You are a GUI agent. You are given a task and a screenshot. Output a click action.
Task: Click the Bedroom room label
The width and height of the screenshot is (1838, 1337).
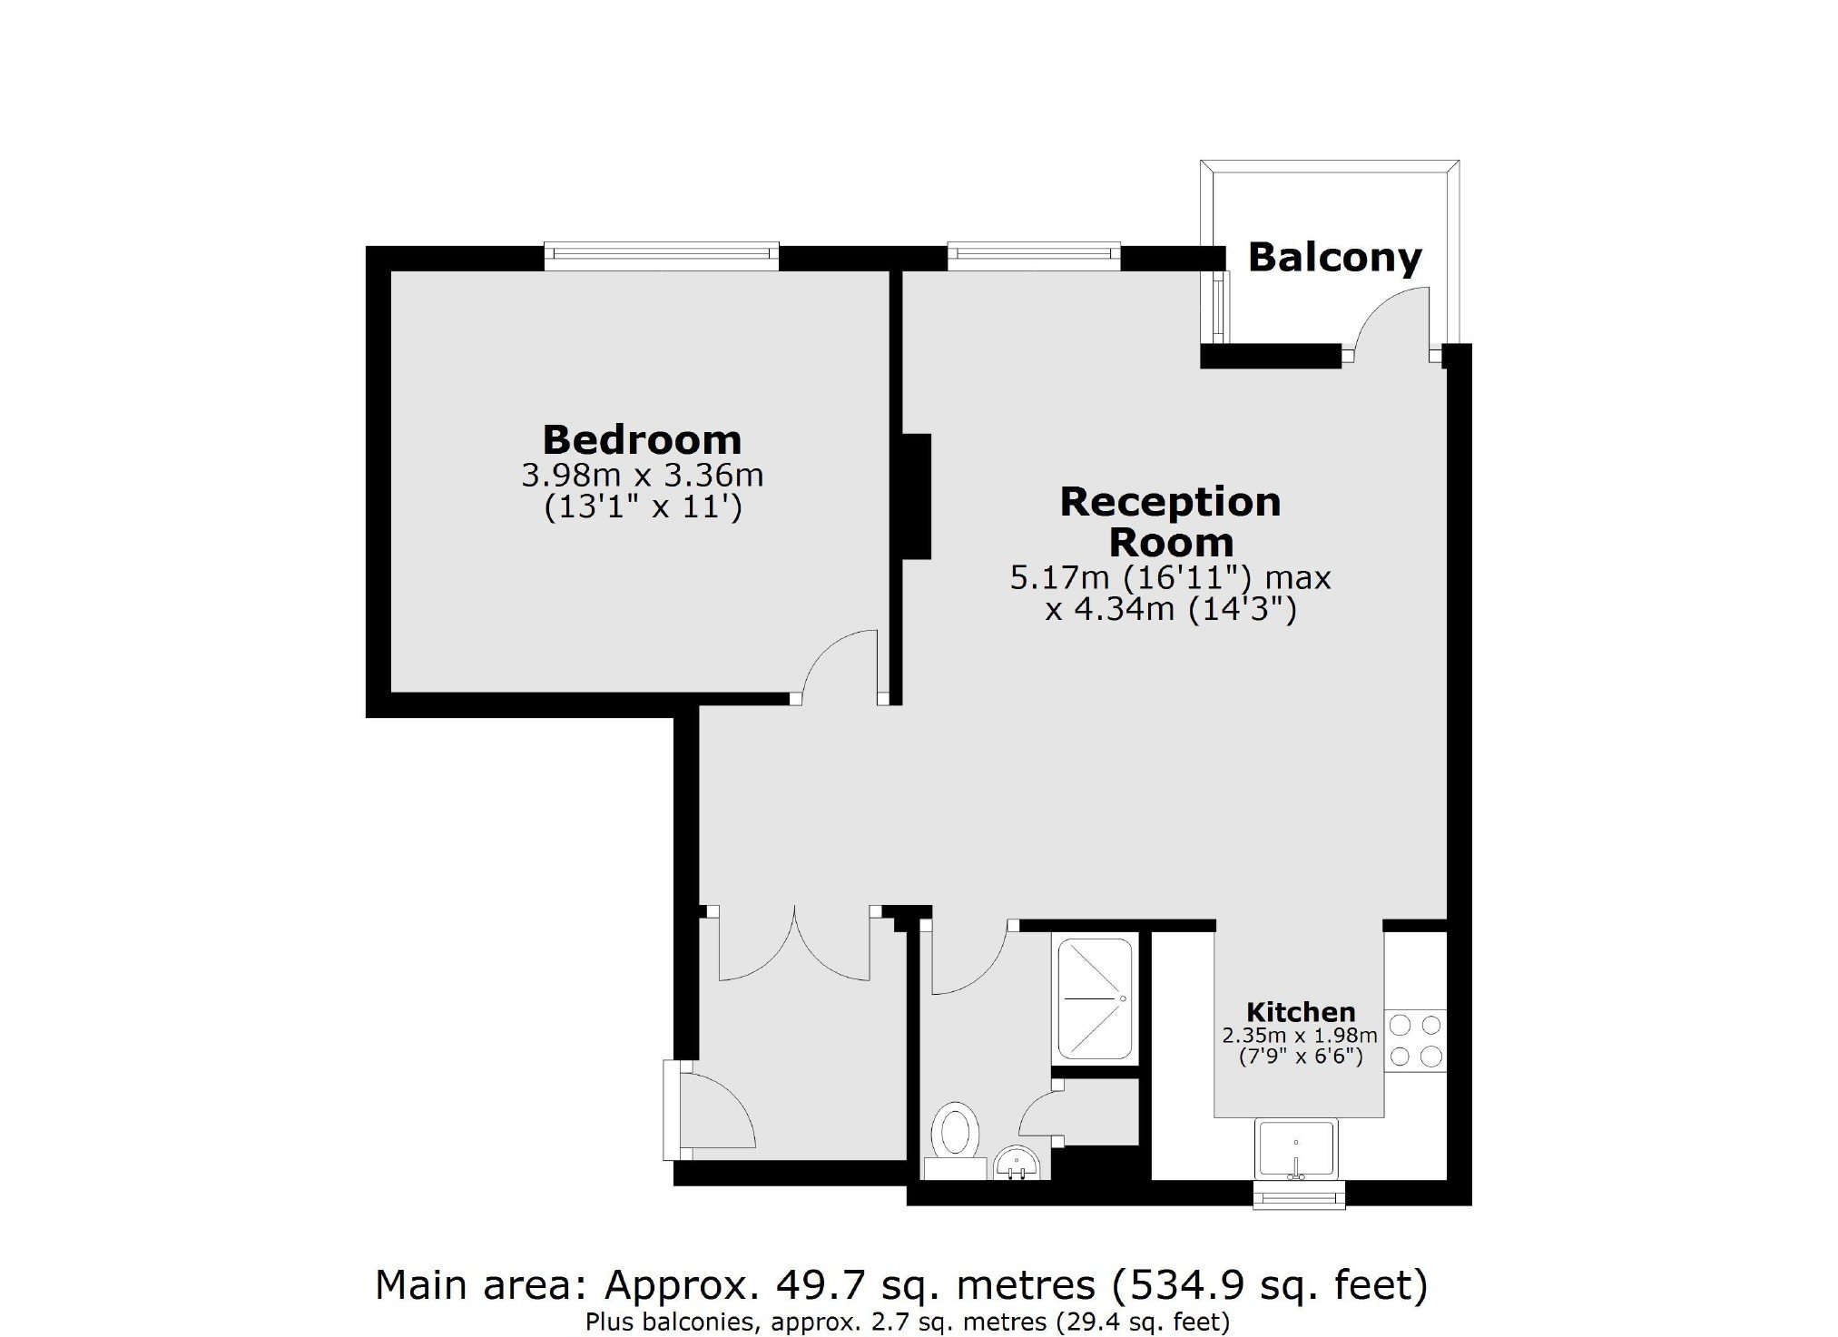point(642,440)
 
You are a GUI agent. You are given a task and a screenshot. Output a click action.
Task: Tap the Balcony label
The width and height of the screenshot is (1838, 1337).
point(1334,258)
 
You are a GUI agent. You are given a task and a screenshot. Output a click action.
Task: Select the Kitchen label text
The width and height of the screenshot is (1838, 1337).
point(1300,1012)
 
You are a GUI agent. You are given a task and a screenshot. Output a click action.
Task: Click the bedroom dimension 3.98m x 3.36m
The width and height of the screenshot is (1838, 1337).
point(642,475)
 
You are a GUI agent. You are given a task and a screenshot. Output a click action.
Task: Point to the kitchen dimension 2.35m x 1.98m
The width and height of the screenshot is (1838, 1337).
point(1300,1036)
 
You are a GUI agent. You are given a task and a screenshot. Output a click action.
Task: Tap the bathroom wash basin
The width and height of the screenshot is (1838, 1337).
point(1017,1164)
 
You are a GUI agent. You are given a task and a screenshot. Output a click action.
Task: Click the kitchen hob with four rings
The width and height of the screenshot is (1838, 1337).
point(1415,1040)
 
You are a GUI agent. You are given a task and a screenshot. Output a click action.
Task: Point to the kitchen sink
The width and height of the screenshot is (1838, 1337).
point(1296,1150)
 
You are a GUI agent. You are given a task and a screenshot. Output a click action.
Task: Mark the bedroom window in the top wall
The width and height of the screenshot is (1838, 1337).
point(662,256)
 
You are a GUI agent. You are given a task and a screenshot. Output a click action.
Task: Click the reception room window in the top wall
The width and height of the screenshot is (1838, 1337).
point(1034,256)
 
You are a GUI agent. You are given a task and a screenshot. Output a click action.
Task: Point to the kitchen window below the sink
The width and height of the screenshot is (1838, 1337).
point(1298,1195)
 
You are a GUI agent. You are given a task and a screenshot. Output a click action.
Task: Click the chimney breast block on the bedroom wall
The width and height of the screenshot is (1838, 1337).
point(916,496)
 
